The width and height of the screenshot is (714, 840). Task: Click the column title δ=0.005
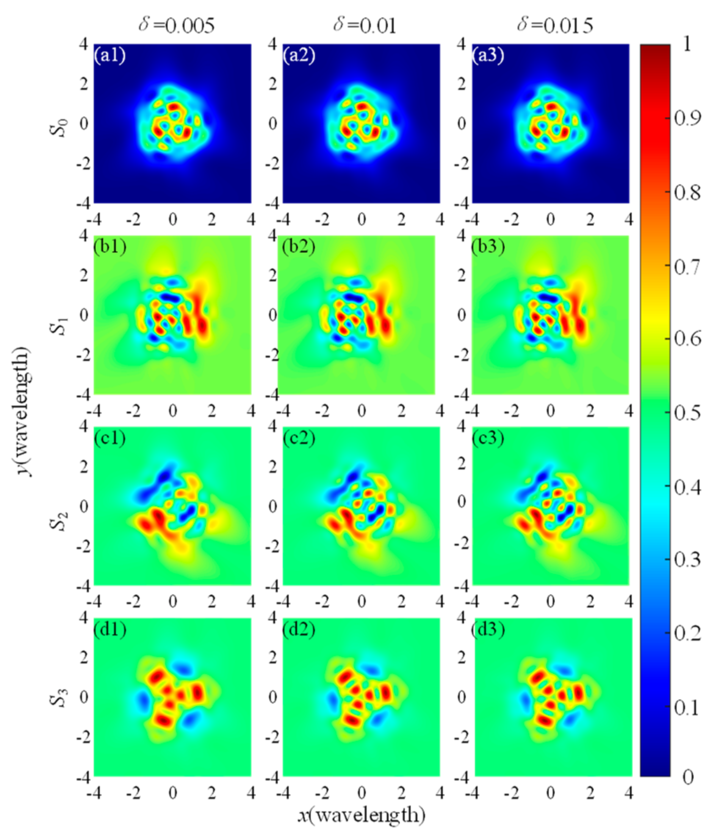tap(177, 26)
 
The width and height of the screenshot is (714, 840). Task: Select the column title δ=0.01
tap(365, 26)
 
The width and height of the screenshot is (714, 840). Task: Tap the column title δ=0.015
tap(554, 26)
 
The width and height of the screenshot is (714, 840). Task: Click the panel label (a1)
tap(110, 55)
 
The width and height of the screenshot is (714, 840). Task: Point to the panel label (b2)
tap(299, 247)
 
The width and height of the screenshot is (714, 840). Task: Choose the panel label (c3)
tap(488, 438)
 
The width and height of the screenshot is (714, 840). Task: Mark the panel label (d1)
tap(110, 629)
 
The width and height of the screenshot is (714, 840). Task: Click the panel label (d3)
tap(488, 629)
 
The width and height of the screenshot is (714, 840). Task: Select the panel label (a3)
tap(488, 55)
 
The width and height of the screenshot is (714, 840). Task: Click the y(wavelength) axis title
tap(23, 411)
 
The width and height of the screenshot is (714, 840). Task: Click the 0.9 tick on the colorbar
tap(687, 118)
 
